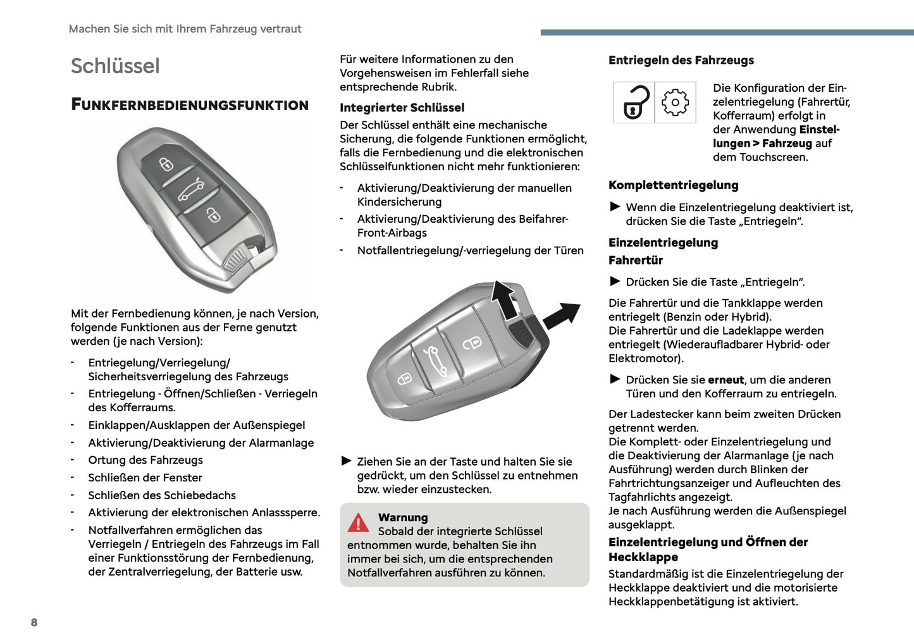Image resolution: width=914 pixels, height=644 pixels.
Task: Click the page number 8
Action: coord(34,622)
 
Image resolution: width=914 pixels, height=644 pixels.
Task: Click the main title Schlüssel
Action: coord(115,66)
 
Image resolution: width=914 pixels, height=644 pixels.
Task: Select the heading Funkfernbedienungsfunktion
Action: coord(190,105)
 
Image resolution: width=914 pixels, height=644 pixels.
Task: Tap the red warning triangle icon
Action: coord(358,523)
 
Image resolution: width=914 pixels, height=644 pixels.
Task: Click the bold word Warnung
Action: coord(403,517)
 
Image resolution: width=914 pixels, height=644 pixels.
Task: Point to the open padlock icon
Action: coord(634,102)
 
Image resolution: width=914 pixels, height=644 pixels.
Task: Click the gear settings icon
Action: coord(675,102)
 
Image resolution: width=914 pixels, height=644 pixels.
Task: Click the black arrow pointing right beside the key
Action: coord(561,314)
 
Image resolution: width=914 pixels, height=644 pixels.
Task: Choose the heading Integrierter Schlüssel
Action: coord(402,108)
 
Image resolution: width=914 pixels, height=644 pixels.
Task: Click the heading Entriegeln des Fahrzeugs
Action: coord(681,60)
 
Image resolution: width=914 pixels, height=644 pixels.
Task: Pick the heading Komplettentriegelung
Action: coord(673,185)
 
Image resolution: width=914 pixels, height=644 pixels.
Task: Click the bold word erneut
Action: coord(726,380)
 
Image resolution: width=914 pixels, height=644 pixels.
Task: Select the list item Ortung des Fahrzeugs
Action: coord(145,460)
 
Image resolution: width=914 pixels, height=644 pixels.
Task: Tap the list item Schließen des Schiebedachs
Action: coord(162,495)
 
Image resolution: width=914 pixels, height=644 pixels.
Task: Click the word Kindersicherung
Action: coord(399,202)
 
